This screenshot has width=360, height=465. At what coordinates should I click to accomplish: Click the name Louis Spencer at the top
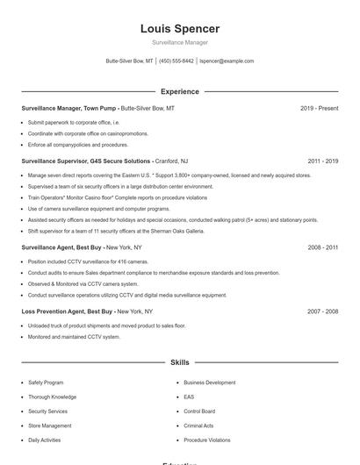(179, 29)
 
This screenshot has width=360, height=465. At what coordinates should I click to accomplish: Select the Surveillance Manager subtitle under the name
(179, 43)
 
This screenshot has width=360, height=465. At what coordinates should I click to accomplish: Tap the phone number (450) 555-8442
(176, 61)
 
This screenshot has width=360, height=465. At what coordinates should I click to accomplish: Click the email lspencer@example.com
(227, 61)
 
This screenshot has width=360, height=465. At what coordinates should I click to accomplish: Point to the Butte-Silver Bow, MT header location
(130, 61)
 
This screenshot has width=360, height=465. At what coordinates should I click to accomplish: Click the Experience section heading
(179, 91)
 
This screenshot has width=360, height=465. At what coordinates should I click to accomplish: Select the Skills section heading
(179, 361)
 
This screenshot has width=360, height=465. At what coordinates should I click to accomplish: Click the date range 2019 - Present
(319, 108)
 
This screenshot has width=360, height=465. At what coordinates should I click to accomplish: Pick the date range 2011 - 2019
(322, 161)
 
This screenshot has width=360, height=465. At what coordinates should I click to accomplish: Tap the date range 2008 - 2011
(322, 247)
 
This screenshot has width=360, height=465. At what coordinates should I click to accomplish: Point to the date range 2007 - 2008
(322, 311)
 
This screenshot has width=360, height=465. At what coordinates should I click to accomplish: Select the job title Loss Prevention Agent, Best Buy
(68, 311)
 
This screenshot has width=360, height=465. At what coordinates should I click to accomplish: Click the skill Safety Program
(46, 383)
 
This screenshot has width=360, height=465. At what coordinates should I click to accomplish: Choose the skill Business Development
(209, 383)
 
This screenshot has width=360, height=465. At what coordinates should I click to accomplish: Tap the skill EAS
(189, 397)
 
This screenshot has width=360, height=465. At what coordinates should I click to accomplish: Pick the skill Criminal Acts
(198, 426)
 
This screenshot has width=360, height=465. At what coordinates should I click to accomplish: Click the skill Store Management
(50, 426)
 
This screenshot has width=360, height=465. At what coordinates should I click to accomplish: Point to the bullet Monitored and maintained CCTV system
(74, 337)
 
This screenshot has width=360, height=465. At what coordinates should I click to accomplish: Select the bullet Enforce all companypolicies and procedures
(77, 145)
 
